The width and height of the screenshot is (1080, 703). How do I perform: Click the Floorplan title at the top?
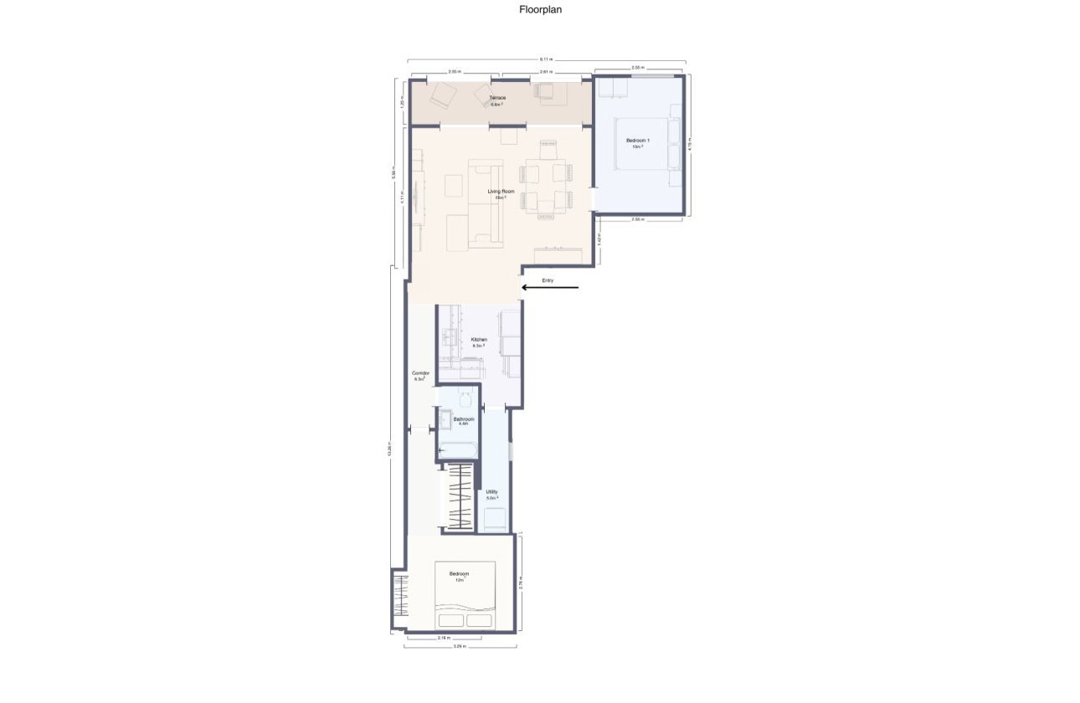pyautogui.click(x=539, y=11)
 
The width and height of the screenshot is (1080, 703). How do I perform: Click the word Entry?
pyautogui.click(x=548, y=280)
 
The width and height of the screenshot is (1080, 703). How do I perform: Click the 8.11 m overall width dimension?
pyautogui.click(x=546, y=59)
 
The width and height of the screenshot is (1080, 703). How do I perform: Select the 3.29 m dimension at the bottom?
pyautogui.click(x=460, y=647)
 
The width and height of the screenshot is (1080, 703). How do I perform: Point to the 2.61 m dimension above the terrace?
pyautogui.click(x=546, y=72)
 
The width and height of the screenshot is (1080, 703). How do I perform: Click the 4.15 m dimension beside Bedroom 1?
pyautogui.click(x=689, y=144)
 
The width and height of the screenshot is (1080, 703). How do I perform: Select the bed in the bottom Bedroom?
pyautogui.click(x=464, y=596)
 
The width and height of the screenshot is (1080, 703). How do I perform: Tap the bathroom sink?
pyautogui.click(x=445, y=418)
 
